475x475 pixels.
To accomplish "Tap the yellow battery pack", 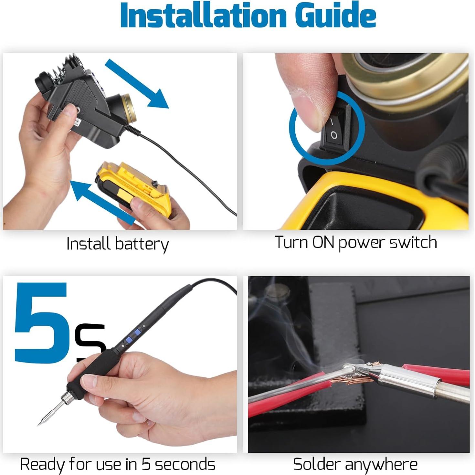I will pos(136,187).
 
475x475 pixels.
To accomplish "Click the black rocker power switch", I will pos(334,128).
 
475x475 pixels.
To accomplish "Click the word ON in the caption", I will pos(323,242).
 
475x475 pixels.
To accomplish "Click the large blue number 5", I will pos(40,323).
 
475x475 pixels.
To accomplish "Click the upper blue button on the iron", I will pos(138,332).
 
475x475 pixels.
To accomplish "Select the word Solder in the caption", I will pos(317,464).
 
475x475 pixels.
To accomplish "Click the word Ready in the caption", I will pos(42,464).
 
